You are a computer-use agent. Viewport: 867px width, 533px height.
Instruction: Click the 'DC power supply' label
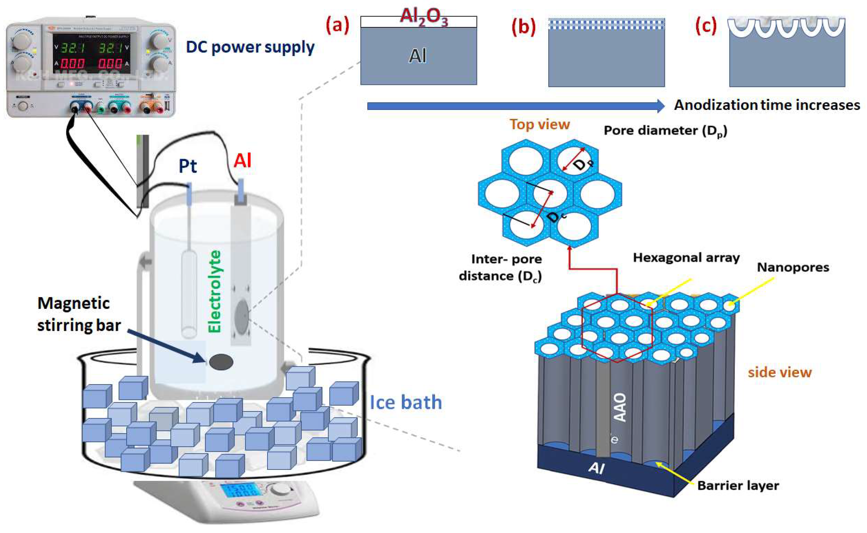(x=250, y=47)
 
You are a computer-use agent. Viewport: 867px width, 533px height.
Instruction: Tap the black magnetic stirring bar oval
(x=221, y=362)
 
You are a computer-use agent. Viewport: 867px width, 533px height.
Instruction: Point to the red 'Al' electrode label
(x=242, y=161)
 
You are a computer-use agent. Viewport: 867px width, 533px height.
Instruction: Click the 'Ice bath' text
(x=405, y=402)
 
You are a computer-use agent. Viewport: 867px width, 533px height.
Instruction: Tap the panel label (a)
(x=337, y=26)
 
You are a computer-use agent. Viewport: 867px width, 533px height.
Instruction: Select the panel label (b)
(x=523, y=27)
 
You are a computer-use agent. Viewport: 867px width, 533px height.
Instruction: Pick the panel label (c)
(x=706, y=27)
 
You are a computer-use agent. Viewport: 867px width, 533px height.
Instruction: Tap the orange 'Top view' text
(x=539, y=124)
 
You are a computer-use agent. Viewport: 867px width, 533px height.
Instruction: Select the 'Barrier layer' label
(x=738, y=485)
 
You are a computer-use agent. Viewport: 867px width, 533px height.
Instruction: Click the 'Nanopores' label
(x=793, y=267)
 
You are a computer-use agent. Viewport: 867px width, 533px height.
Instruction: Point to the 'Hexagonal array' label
(x=686, y=258)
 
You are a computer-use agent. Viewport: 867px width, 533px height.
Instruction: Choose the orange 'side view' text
(x=779, y=372)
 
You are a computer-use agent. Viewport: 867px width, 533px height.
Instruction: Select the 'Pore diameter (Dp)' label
(x=666, y=131)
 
